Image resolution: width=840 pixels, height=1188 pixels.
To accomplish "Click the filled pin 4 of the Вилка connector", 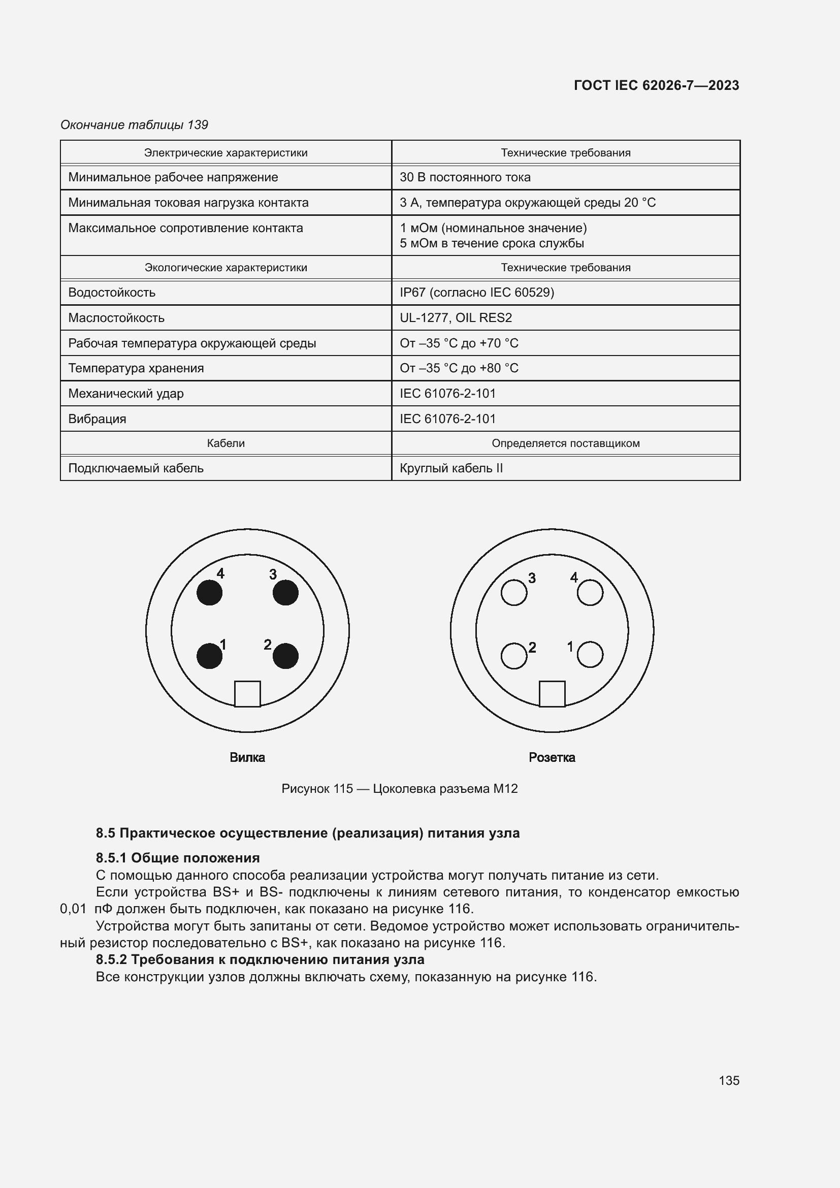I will (209, 592).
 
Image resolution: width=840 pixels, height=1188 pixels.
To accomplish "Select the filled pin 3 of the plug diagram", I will (285, 592).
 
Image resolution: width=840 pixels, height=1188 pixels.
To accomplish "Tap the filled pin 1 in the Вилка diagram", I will (209, 656).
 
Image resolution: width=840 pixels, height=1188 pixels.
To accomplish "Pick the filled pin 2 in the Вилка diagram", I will (285, 656).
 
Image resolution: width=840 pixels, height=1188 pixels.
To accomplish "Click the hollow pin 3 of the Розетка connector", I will (513, 592).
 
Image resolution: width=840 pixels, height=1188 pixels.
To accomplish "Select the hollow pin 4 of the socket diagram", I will (590, 592).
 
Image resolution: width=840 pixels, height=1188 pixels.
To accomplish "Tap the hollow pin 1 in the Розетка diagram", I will (590, 655).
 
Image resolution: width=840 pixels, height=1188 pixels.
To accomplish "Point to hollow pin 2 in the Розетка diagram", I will (513, 656).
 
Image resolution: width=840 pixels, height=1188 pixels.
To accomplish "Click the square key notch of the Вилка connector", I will (247, 694).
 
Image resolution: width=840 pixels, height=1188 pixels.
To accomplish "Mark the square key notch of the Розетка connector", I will (552, 694).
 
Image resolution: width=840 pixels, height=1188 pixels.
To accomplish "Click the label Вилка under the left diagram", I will (247, 757).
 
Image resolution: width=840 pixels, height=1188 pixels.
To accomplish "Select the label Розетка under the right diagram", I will (552, 757).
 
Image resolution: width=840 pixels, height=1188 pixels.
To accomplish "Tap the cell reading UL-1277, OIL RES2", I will (456, 317).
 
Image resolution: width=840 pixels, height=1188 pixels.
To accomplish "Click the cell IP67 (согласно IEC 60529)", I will (476, 293).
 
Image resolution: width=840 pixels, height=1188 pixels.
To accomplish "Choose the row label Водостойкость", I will (112, 293).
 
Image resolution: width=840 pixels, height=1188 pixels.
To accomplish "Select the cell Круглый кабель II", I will (451, 468).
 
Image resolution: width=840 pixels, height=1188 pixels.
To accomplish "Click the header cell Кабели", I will (225, 443).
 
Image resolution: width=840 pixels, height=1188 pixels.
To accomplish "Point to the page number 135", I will (729, 1080).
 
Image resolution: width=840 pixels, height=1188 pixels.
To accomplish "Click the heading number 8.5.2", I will (111, 959).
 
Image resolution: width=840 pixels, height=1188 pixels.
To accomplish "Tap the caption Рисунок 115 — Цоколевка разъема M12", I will (399, 789).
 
